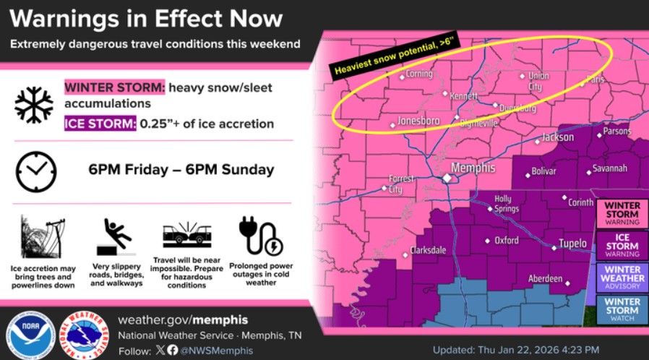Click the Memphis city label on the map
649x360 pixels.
(474, 168)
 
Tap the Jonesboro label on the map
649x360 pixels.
(418, 121)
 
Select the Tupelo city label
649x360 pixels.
(572, 244)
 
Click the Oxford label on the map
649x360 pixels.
(506, 241)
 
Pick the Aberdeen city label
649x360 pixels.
(546, 278)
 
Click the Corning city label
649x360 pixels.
(418, 74)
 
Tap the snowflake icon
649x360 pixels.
(34, 105)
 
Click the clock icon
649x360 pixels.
(36, 171)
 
